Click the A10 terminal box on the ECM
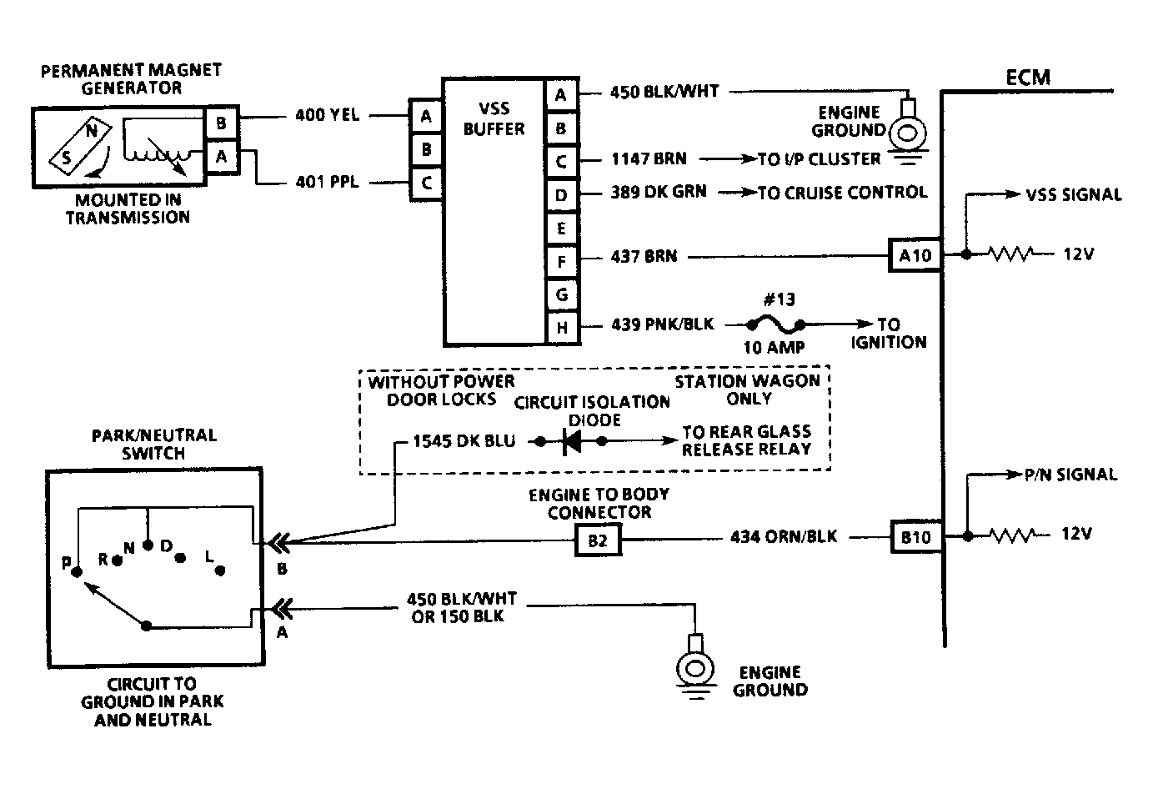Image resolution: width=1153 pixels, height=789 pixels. click(x=915, y=255)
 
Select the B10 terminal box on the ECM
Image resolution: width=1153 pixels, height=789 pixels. click(x=916, y=537)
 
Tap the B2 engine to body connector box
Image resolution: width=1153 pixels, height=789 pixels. click(x=598, y=540)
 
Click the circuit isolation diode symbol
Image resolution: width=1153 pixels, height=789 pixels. click(x=571, y=441)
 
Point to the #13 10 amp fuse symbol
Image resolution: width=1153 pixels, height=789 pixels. click(x=775, y=325)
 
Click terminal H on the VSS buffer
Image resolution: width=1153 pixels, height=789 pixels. click(x=562, y=328)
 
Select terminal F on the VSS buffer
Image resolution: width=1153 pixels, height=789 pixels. click(x=562, y=262)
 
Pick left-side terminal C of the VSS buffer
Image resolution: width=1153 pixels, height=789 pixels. click(x=426, y=183)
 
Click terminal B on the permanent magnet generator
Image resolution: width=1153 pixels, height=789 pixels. click(x=221, y=123)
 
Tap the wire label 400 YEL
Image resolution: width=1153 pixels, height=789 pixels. click(x=328, y=115)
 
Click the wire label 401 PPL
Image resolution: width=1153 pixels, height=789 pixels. click(x=328, y=182)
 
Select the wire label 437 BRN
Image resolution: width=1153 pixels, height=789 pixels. click(x=644, y=256)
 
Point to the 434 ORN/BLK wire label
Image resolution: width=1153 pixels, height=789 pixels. click(x=784, y=536)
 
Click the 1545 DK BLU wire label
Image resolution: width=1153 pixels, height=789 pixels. click(x=464, y=441)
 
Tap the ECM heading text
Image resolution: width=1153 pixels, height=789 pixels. click(x=1027, y=78)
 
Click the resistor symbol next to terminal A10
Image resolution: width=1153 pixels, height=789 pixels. click(x=1010, y=254)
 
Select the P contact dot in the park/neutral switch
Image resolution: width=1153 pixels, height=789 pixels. click(x=77, y=572)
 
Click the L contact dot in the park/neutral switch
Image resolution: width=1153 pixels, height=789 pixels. click(x=220, y=570)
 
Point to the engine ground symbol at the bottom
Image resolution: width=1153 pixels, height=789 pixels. click(x=695, y=667)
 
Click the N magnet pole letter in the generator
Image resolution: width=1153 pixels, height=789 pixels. click(x=92, y=131)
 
